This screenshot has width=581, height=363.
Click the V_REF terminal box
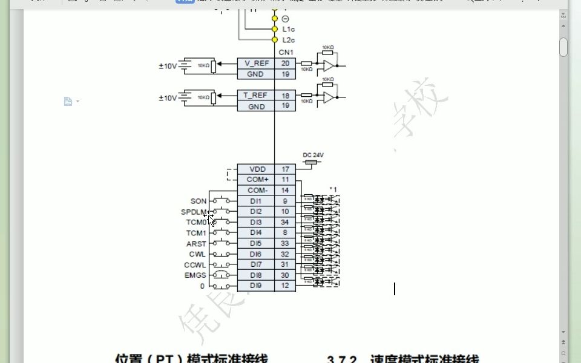[x=256, y=63]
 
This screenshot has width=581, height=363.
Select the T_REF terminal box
[x=256, y=96]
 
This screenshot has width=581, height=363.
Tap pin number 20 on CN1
[x=285, y=63]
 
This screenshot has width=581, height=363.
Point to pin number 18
[x=285, y=96]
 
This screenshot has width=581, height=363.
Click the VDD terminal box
[x=256, y=169]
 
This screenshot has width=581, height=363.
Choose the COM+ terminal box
[x=256, y=180]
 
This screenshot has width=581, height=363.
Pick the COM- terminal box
[x=256, y=190]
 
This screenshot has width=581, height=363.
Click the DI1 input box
[x=256, y=201]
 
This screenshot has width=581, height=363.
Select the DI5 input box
[x=256, y=243]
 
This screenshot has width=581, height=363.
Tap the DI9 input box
[x=256, y=286]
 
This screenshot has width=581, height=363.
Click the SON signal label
[x=199, y=201]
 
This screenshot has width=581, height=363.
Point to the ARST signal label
[x=196, y=244]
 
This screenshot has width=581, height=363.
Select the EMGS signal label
[x=195, y=275]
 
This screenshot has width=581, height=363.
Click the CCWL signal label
[x=195, y=265]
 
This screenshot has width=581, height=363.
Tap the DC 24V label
[x=313, y=155]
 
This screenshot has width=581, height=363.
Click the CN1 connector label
[x=286, y=52]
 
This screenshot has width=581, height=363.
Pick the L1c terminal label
[x=289, y=29]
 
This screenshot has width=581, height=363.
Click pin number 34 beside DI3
[x=285, y=222]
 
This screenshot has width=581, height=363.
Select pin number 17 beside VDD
[x=285, y=169]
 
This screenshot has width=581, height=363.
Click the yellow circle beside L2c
[x=275, y=39]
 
